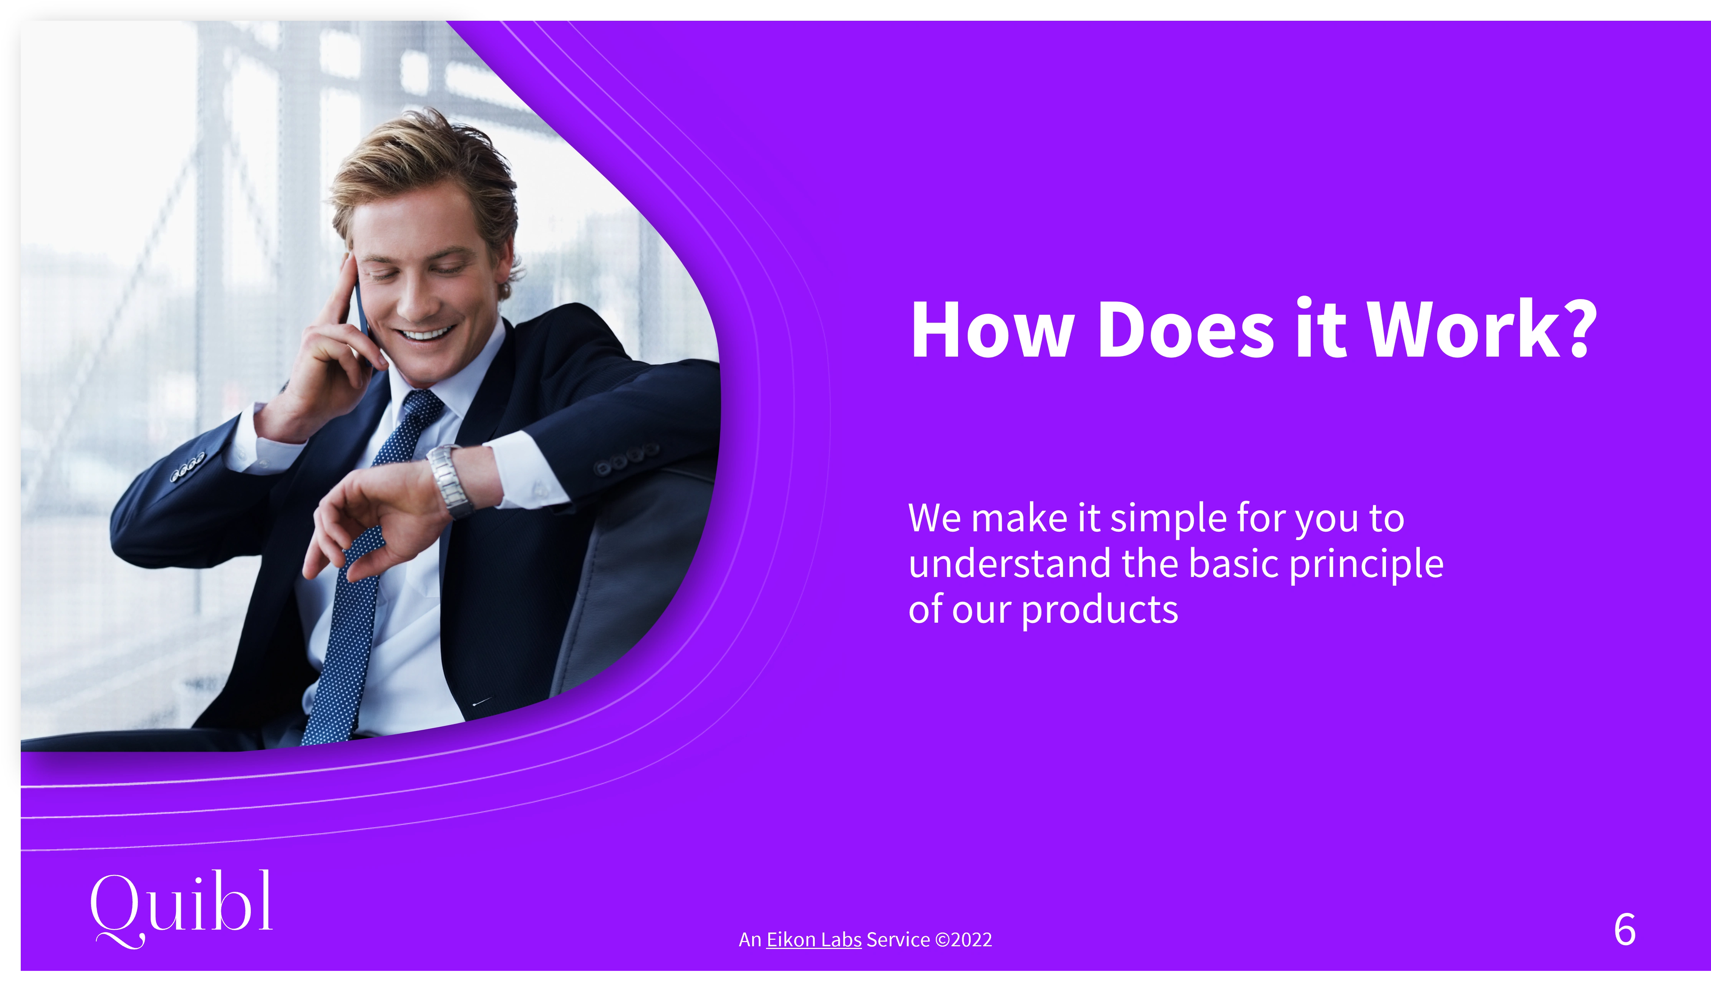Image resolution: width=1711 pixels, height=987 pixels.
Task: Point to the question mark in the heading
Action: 1580,328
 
